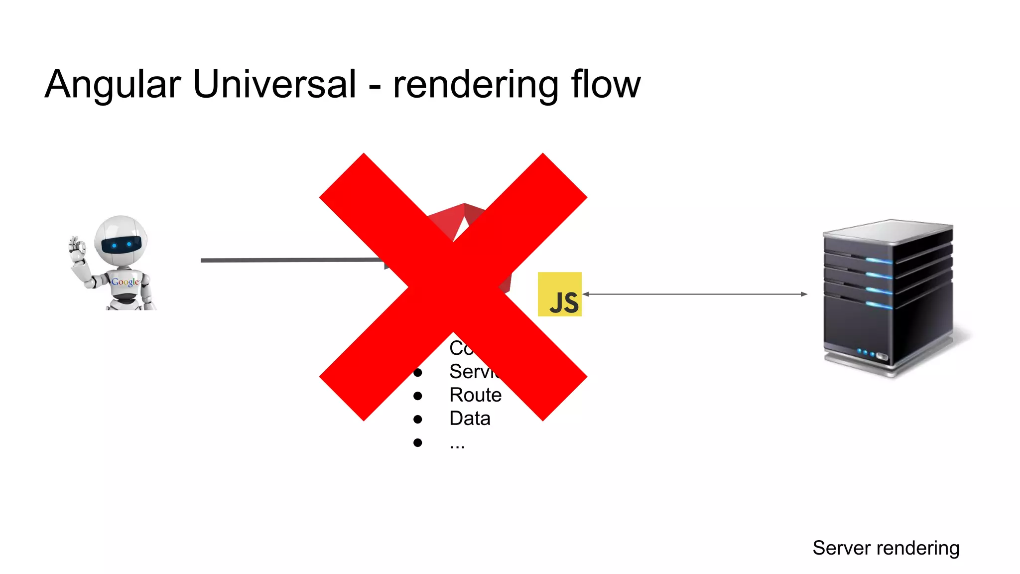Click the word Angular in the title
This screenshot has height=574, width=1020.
point(113,85)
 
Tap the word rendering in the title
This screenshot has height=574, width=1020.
point(476,85)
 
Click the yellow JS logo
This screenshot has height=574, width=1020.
point(560,294)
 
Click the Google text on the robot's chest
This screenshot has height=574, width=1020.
point(125,282)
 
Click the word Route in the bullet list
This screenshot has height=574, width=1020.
point(475,395)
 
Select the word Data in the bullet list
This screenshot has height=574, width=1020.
point(470,419)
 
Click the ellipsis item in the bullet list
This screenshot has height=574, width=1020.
point(457,444)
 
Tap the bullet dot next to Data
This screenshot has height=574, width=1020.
point(418,420)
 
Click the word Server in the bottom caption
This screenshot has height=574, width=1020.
point(841,548)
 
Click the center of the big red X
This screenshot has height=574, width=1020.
point(453,287)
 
